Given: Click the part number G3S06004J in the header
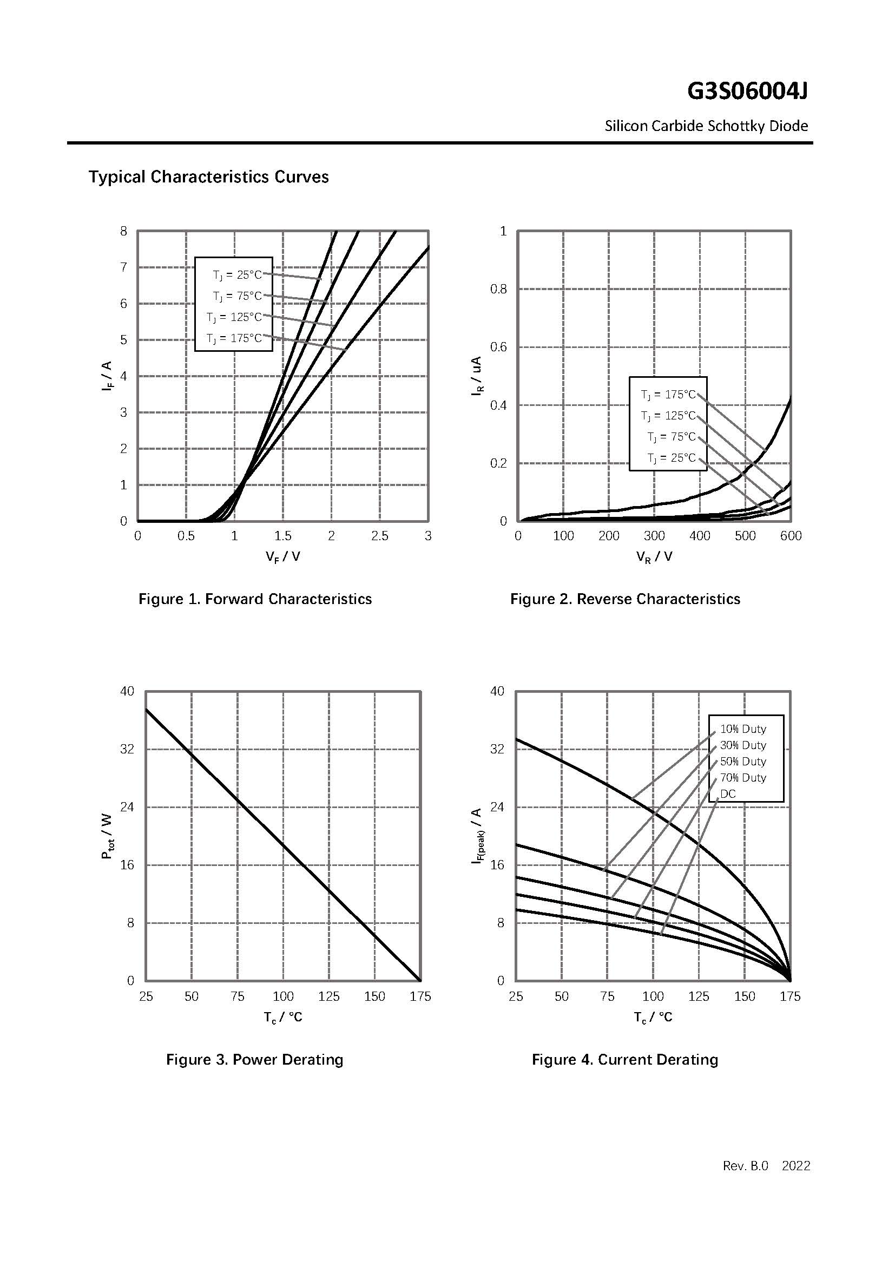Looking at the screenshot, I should [x=747, y=91].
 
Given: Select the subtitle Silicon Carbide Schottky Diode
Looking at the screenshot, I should [x=706, y=126].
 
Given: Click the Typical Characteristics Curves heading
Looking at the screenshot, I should [x=208, y=177].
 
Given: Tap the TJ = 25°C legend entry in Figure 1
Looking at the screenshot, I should [x=238, y=274].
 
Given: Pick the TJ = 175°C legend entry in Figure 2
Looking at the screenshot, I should [x=668, y=395].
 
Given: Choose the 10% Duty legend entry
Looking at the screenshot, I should [x=743, y=729].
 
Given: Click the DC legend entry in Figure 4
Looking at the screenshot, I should [x=727, y=794].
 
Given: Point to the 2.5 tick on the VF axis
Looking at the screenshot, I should [x=380, y=536].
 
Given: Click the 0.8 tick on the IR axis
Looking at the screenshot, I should [x=498, y=290].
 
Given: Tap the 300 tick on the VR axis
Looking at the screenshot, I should [x=654, y=536].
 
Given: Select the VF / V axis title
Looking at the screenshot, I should [x=282, y=557].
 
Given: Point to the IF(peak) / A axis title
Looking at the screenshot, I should [x=477, y=836].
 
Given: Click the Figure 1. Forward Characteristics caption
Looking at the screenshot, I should [x=255, y=599].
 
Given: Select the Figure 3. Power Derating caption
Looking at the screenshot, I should [x=255, y=1060].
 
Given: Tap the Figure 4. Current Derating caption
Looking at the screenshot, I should [x=625, y=1060].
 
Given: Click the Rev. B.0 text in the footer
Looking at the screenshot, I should [x=745, y=1166].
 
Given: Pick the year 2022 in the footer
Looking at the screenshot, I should [x=796, y=1166].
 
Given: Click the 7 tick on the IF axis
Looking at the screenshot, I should [x=124, y=267].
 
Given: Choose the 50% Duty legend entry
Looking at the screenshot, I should [x=743, y=762].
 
